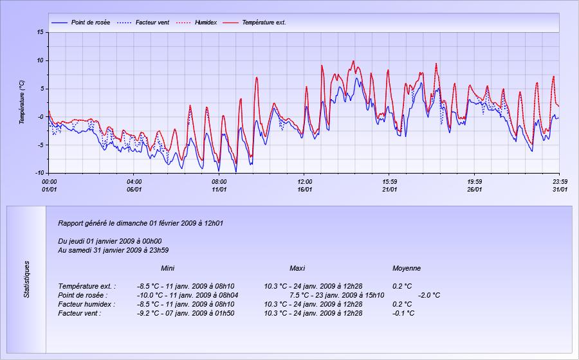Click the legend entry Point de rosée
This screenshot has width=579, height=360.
point(91,22)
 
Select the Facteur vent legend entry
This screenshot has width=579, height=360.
point(152,22)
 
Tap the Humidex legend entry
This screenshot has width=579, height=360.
point(206,22)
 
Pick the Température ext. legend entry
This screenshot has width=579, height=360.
point(264,22)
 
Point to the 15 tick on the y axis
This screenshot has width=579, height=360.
point(41,32)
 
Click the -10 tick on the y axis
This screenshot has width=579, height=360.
point(39,173)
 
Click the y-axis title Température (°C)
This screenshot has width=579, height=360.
point(22,102)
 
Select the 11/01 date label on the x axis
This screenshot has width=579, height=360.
point(219,190)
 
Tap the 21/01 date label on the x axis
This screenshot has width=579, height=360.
point(390,190)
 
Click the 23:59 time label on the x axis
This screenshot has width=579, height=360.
point(560,181)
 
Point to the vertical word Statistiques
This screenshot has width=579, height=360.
point(26,279)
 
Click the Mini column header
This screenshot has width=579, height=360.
point(168,268)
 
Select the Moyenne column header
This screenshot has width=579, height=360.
point(407,268)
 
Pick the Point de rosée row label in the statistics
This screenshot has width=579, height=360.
point(83,295)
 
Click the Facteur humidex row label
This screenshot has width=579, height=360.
point(86,304)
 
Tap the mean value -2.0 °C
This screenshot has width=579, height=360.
point(429,295)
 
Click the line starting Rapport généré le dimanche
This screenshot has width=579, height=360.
point(140,223)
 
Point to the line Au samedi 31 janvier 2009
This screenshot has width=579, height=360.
point(113,250)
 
